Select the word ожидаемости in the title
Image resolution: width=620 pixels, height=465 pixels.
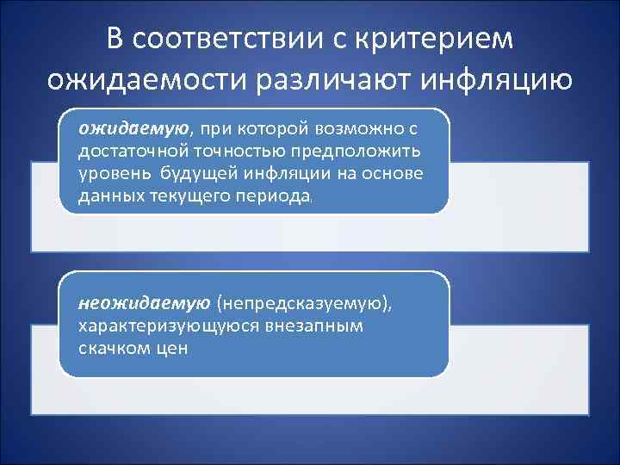pos(144,80)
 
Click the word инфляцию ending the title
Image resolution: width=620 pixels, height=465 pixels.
pos(502,80)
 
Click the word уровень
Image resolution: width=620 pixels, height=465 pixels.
pos(113,173)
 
